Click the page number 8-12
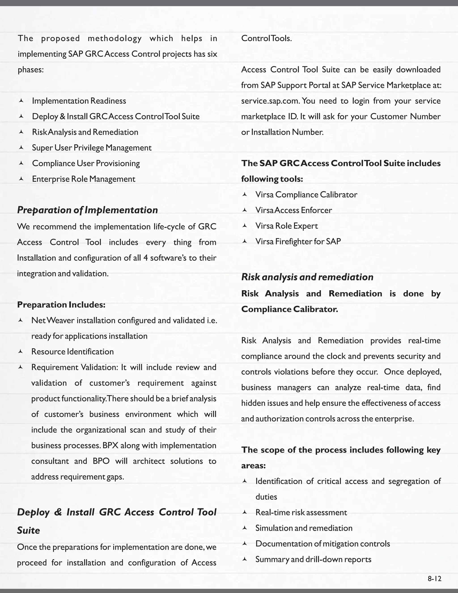pyautogui.click(x=434, y=579)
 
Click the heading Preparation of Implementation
pyautogui.click(x=87, y=210)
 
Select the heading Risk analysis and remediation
pyautogui.click(x=307, y=277)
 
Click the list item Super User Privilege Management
pyautogui.click(x=92, y=148)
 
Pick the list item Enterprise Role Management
pyautogui.click(x=84, y=179)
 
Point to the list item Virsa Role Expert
pyautogui.click(x=286, y=226)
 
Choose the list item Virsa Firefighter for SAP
pyautogui.click(x=298, y=241)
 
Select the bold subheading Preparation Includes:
pyautogui.click(x=61, y=305)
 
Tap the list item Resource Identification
pyautogui.click(x=72, y=352)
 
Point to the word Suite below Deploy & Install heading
pyautogui.click(x=28, y=530)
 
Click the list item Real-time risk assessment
pyautogui.click(x=301, y=512)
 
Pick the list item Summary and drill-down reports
pyautogui.click(x=313, y=559)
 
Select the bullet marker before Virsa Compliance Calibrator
pyautogui.click(x=244, y=194)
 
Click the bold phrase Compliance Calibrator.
pyautogui.click(x=290, y=309)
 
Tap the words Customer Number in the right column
pyautogui.click(x=405, y=117)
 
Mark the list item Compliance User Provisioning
pyautogui.click(x=86, y=163)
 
